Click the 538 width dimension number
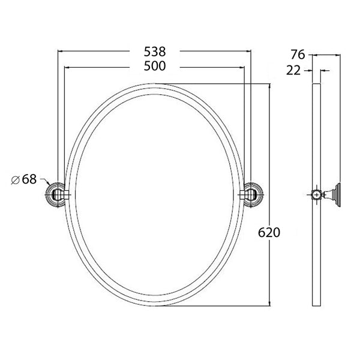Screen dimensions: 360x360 click(155, 52)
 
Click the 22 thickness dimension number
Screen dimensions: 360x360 click(294, 71)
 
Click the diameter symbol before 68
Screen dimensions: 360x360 click(15, 179)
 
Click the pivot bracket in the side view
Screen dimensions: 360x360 click(327, 194)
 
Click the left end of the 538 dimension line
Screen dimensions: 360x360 click(58, 52)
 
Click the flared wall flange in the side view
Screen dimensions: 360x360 click(338, 194)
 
